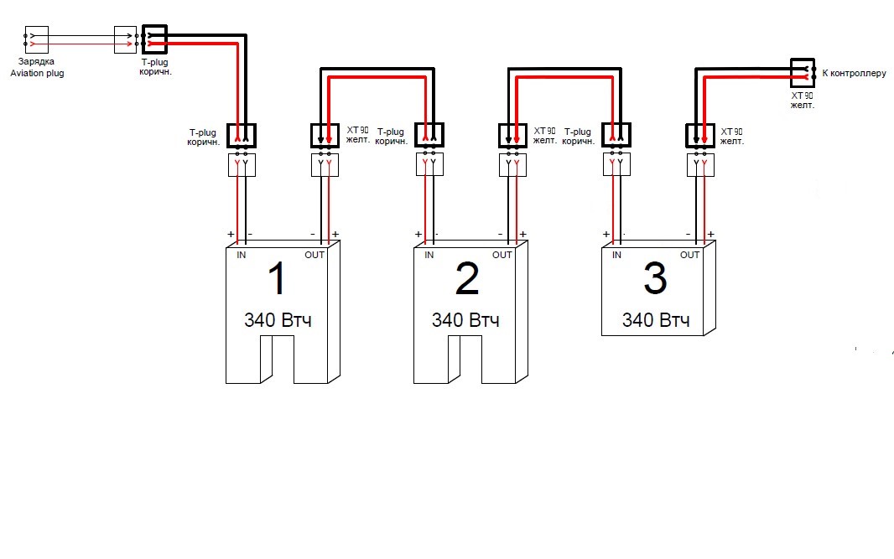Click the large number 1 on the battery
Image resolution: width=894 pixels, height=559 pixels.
(278, 279)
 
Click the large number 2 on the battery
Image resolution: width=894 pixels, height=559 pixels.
(466, 279)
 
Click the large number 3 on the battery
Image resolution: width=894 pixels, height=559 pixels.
(654, 279)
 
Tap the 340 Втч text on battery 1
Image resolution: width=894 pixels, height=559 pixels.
(278, 320)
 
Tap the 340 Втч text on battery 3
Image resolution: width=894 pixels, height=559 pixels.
(656, 320)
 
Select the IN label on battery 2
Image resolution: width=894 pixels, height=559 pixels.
(429, 255)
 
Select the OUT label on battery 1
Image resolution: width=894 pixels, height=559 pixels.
(314, 255)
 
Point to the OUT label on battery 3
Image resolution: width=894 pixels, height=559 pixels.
(689, 255)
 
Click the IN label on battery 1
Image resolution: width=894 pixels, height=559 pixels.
(242, 255)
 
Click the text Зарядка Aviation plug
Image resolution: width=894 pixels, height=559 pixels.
(36, 68)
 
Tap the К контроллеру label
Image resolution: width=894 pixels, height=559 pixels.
(854, 73)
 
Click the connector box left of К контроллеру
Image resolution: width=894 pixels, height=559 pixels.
(803, 72)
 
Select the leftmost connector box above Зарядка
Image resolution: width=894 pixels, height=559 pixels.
(36, 39)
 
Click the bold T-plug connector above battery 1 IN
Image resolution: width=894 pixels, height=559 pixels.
(241, 135)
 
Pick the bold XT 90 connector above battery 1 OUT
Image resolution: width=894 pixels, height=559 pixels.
(325, 135)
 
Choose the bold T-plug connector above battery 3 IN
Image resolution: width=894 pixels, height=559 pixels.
(616, 135)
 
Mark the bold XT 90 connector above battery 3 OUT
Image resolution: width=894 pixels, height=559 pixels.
(700, 135)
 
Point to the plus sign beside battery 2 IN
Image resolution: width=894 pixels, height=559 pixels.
(418, 234)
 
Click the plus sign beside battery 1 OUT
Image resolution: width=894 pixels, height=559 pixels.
(335, 234)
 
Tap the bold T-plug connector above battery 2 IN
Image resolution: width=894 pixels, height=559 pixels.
(429, 135)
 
